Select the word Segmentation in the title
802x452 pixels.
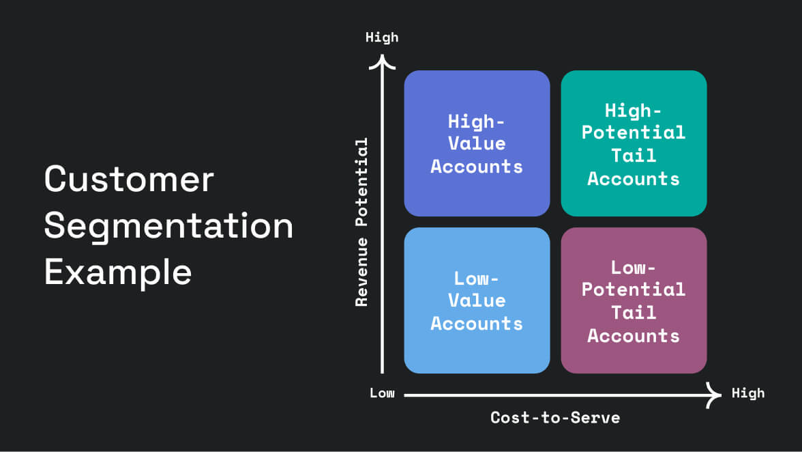[168, 226]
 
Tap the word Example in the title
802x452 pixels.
[118, 272]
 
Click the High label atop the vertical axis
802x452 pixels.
[381, 38]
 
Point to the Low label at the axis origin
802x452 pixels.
[382, 393]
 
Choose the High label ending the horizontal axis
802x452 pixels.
[748, 393]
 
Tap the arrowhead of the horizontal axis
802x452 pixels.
[715, 394]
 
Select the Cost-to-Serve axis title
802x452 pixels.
[555, 417]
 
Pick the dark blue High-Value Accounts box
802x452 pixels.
[477, 143]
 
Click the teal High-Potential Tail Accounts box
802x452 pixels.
[634, 143]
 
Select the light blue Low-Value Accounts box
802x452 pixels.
[477, 300]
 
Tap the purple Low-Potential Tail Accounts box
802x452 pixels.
[634, 300]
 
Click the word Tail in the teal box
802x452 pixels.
[634, 156]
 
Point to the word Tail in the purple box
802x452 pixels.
[634, 313]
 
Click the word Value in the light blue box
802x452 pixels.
[477, 300]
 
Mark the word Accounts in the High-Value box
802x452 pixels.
[477, 167]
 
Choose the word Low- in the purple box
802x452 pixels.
[634, 266]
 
